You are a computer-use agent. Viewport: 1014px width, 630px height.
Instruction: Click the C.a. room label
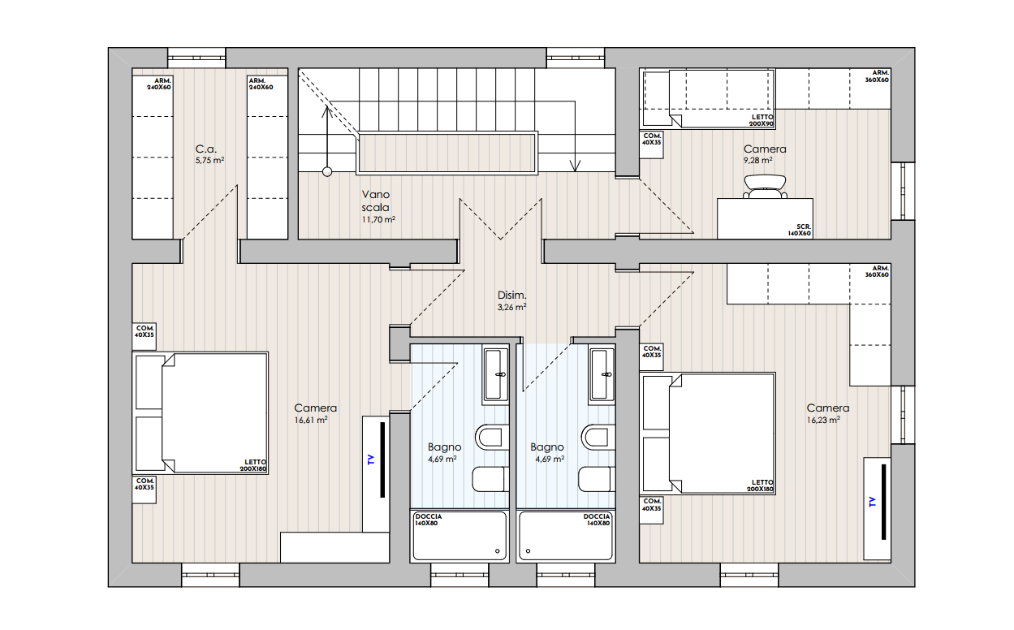(x=206, y=149)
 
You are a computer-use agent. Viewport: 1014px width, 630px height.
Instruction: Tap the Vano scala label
(x=376, y=201)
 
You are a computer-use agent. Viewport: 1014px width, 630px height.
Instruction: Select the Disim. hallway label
(x=512, y=295)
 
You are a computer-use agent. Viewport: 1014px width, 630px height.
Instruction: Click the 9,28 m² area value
(x=757, y=160)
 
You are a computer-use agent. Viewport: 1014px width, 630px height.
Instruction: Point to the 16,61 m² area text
(x=311, y=420)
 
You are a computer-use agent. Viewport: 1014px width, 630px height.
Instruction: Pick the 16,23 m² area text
(x=823, y=420)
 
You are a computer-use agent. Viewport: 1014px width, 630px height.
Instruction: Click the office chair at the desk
(x=765, y=187)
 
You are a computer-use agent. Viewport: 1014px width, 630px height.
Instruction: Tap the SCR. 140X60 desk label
(x=800, y=231)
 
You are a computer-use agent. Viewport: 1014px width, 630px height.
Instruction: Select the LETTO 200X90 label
(x=762, y=120)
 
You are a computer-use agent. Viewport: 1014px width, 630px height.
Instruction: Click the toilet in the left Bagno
(x=492, y=438)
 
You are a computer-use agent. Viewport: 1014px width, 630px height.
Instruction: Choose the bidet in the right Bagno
(x=597, y=479)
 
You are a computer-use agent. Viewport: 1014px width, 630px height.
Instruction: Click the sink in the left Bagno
(x=496, y=374)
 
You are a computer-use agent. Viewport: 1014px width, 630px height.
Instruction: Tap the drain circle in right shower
(x=528, y=550)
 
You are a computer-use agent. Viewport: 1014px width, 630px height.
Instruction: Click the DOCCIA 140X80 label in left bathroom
(x=428, y=520)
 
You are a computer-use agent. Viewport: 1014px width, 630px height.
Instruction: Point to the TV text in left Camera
(x=371, y=460)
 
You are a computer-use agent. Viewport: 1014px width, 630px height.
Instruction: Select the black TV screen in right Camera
(x=883, y=502)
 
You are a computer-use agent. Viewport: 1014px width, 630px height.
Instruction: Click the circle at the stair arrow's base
(x=327, y=172)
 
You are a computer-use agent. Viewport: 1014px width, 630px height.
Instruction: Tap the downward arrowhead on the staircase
(x=575, y=166)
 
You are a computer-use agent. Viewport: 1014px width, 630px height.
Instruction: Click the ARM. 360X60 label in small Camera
(x=878, y=76)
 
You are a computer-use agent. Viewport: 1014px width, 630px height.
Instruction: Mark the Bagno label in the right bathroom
(x=547, y=447)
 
